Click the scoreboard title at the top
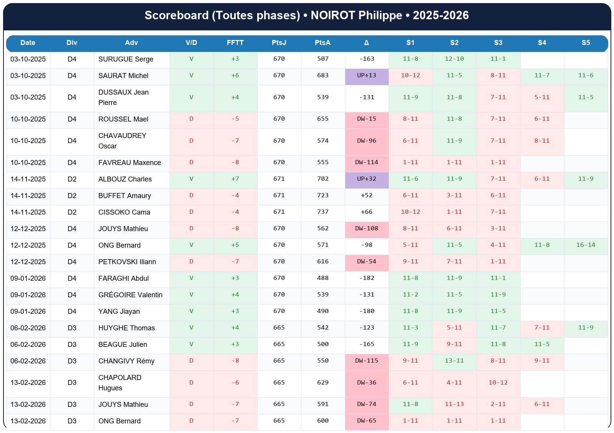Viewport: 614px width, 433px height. [x=306, y=15]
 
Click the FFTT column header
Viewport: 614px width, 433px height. [x=235, y=43]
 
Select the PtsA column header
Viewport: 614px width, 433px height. [x=323, y=43]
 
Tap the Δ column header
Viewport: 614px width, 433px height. [x=366, y=43]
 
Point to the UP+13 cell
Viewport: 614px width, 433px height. [x=366, y=75]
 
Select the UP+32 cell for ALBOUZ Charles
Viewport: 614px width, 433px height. [x=366, y=179]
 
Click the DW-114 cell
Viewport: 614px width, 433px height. [x=366, y=162]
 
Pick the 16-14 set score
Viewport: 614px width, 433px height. [x=586, y=245]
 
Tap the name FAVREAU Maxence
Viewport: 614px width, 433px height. [x=130, y=163]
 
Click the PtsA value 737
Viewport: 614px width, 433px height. [x=323, y=212]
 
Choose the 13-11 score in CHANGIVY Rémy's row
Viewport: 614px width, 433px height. [x=454, y=361]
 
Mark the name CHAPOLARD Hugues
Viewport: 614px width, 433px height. [x=120, y=383]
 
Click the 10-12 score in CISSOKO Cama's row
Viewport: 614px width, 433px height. [x=410, y=212]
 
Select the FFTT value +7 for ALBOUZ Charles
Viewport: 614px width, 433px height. [x=235, y=179]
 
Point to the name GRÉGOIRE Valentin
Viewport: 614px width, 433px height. [x=130, y=295]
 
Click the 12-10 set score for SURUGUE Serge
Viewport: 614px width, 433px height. [x=454, y=59]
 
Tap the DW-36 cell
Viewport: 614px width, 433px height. [x=366, y=383]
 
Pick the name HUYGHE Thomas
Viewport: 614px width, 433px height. [x=126, y=328]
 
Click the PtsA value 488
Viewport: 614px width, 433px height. [x=323, y=278]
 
